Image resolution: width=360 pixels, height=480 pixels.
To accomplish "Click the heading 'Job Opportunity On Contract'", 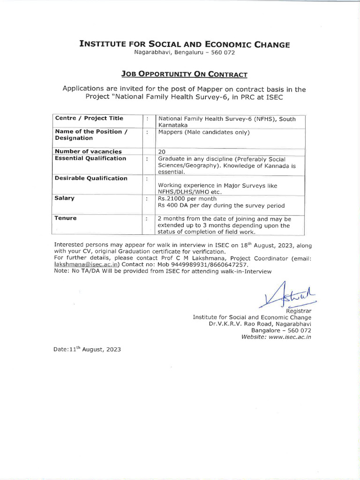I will tap(184, 74).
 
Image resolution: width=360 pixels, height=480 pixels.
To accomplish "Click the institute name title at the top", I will tap(184, 45).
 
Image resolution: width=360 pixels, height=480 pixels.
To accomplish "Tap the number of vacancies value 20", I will tap(163, 151).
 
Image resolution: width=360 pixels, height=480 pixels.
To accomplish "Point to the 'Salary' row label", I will tap(65, 198).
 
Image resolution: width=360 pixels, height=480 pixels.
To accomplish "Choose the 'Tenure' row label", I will tap(66, 218).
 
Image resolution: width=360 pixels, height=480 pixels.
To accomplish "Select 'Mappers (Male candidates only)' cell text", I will tap(204, 132).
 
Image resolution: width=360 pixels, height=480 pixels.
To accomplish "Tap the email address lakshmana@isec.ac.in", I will tap(80, 264).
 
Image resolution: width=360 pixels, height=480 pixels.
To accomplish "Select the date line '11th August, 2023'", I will tap(88, 350).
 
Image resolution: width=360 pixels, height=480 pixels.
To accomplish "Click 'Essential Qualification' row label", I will tap(90, 158).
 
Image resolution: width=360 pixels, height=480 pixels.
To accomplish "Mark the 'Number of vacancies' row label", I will tap(88, 151).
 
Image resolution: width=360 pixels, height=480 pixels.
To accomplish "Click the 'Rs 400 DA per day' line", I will tap(221, 206).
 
